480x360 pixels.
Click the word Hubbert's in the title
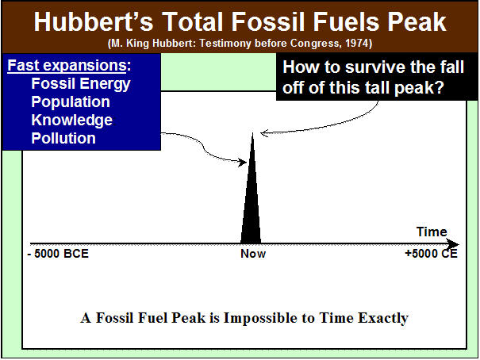93,22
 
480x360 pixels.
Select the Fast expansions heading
69,65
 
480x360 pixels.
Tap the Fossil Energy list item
81,84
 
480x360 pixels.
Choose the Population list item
71,101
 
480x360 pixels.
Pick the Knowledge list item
72,120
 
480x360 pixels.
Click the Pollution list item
63,138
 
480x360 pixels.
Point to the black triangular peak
252,202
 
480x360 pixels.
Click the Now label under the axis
253,254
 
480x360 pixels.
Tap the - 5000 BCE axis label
58,254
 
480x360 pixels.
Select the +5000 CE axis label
431,254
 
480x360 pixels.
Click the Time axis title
432,232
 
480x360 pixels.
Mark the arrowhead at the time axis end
452,244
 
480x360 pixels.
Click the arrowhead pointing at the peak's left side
243,162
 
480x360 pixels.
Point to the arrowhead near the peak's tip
264,133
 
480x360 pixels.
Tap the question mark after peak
440,87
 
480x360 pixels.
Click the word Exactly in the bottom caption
383,318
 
